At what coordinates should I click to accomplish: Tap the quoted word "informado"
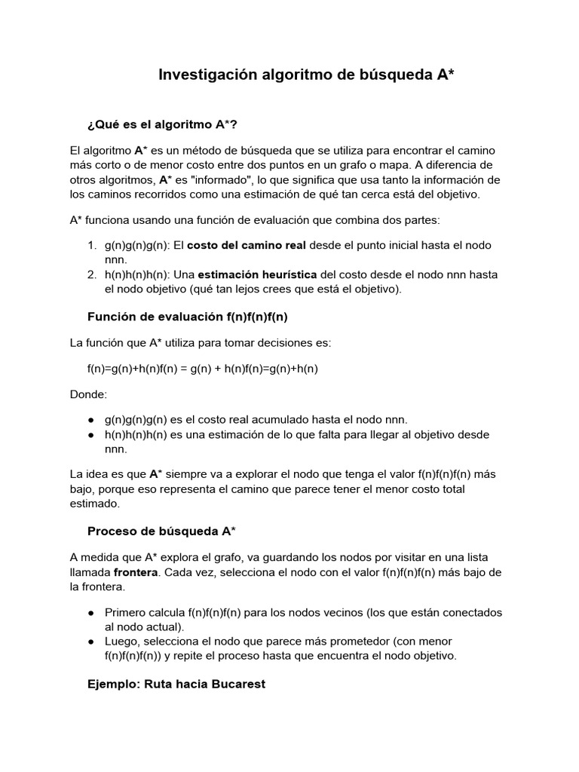228,180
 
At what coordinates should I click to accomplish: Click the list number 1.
91,246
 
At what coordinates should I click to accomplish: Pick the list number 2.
91,274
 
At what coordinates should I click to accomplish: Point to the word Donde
87,394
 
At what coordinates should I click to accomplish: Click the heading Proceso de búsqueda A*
161,532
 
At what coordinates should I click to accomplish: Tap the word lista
475,558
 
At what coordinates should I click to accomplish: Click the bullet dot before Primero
91,612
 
